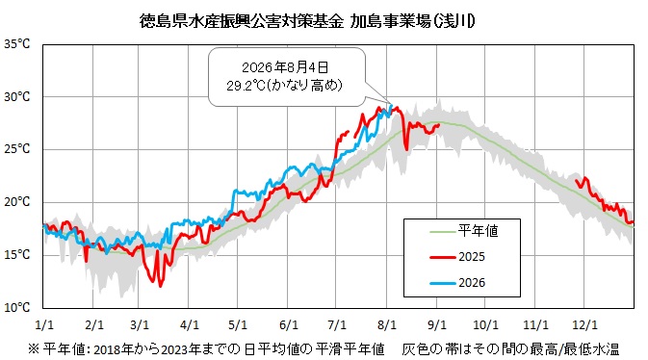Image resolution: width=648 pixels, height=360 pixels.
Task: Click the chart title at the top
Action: point(307,20)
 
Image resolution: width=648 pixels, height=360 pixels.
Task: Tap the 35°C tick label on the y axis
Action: point(17,44)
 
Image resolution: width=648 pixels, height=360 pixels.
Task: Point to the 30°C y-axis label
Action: point(17,96)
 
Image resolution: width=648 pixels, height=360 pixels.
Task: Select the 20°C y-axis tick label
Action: point(17,202)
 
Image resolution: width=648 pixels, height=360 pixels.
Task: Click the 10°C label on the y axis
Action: point(17,307)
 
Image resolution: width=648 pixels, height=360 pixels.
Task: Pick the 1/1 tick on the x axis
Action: point(44,325)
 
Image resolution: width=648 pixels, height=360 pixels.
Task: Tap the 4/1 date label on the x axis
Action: point(190,325)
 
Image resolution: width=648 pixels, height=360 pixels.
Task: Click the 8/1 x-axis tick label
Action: point(387,325)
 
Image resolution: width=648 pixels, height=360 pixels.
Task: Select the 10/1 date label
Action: point(485,325)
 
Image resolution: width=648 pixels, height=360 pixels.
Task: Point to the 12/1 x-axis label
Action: point(584,325)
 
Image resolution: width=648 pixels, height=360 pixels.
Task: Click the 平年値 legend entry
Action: point(464,231)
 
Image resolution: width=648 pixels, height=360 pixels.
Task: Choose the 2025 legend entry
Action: point(457,257)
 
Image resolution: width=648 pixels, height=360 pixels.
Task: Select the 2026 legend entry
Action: point(457,283)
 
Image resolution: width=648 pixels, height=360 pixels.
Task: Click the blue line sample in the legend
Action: point(442,284)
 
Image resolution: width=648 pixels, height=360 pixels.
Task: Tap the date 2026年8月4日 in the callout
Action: point(285,67)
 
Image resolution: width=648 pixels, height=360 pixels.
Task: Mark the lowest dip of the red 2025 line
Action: point(161,286)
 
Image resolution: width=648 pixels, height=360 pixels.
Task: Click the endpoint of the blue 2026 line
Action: point(391,105)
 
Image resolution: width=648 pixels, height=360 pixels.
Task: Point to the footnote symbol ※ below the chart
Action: point(34,349)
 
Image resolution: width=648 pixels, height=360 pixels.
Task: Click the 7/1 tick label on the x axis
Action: point(337,325)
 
